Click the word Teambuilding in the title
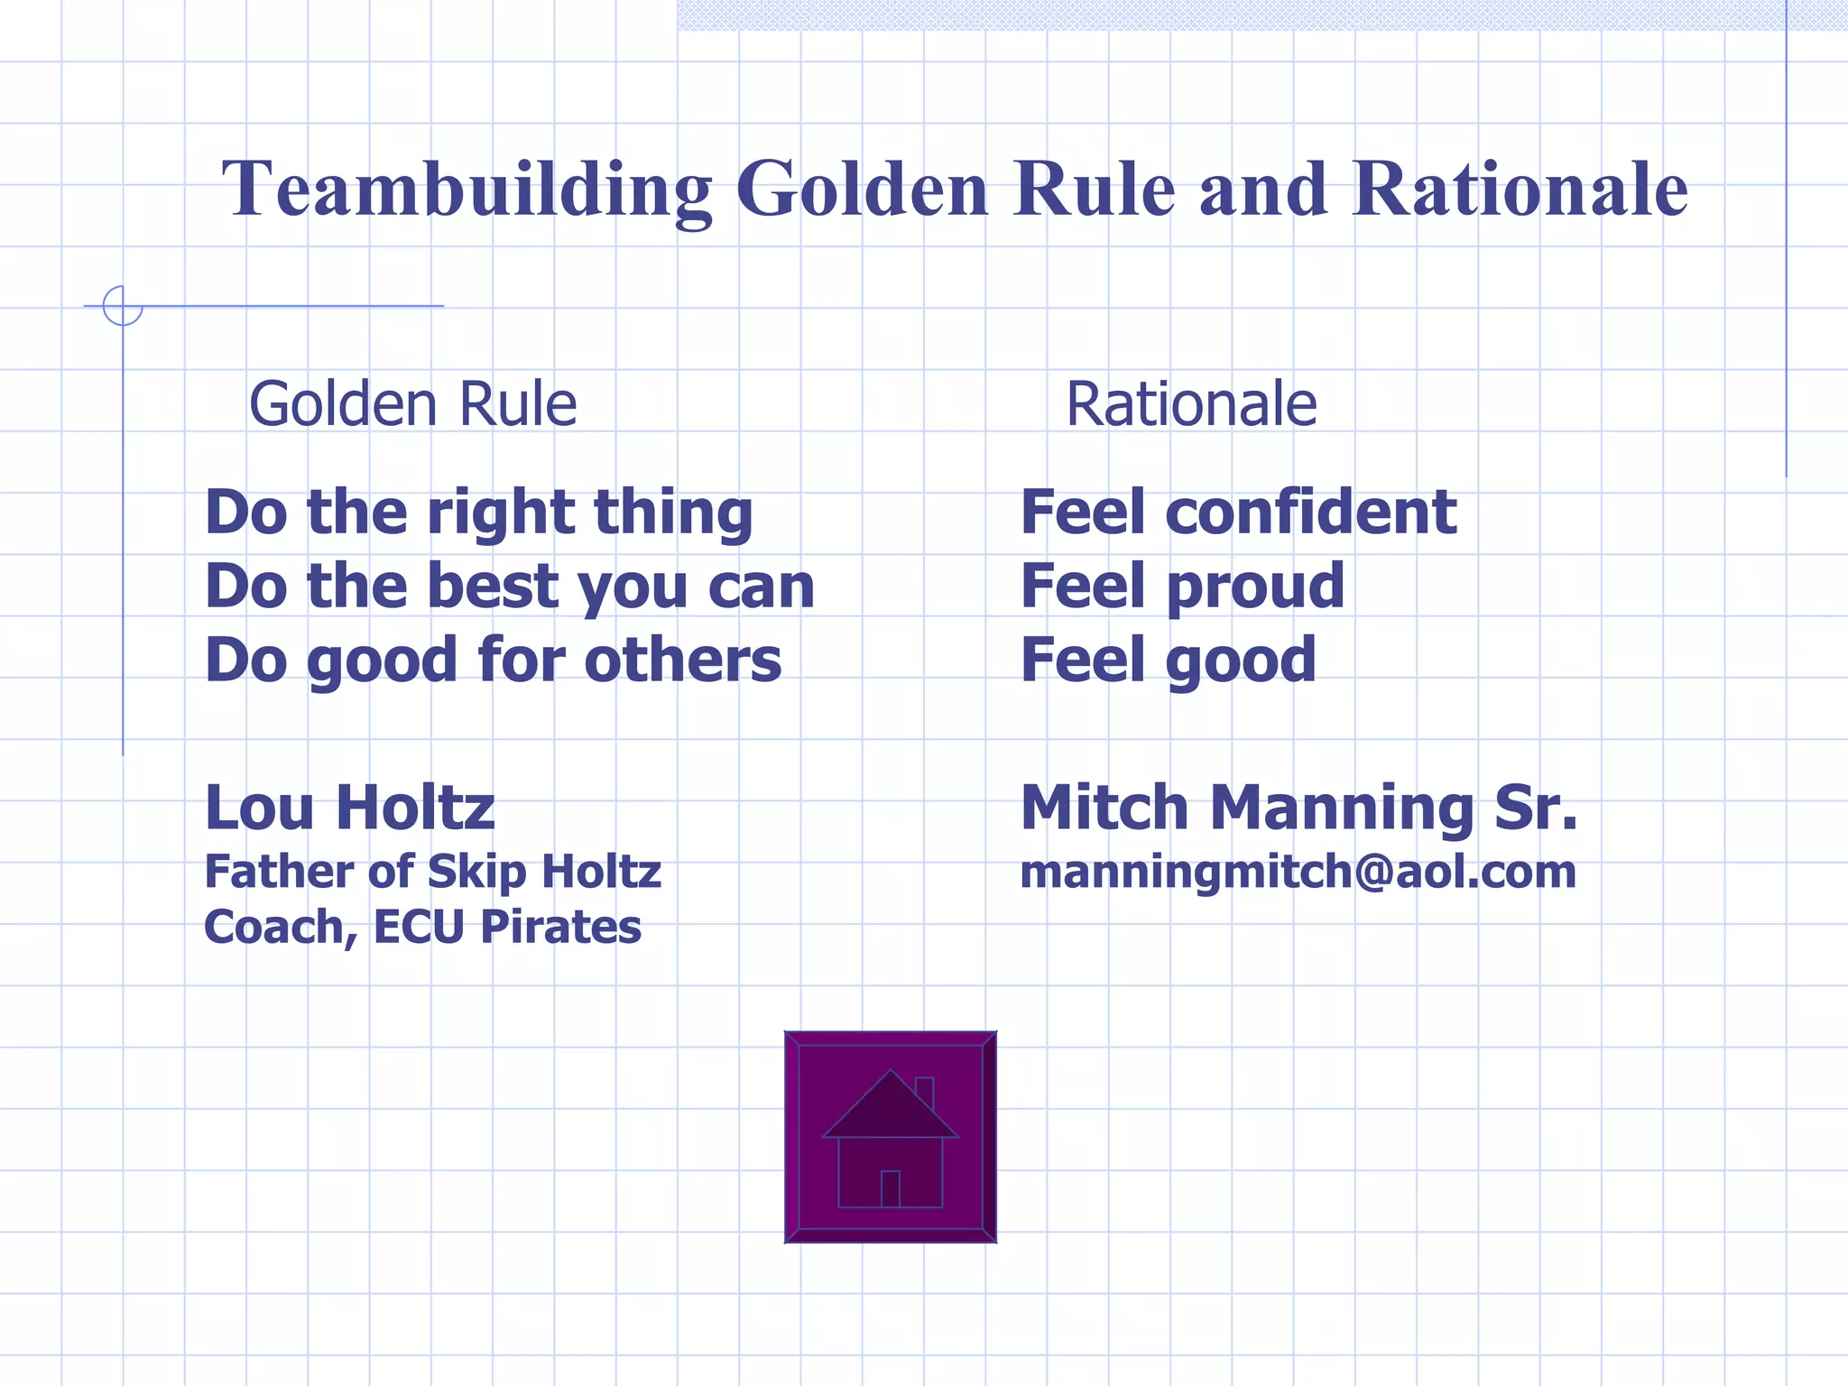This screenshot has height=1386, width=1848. click(x=467, y=189)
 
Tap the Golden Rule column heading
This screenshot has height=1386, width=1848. click(x=412, y=404)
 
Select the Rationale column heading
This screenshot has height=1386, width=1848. click(x=1191, y=404)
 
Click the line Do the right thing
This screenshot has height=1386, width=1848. click(x=478, y=513)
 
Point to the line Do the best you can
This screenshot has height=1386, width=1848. click(x=510, y=587)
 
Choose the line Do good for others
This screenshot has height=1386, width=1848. click(x=493, y=660)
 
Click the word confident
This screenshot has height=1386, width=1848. click(x=1311, y=513)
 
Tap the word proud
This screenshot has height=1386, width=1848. click(x=1255, y=587)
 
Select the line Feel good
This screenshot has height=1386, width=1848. click(x=1168, y=660)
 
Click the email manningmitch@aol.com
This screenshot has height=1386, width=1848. click(x=1298, y=872)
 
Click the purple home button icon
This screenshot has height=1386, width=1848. click(x=890, y=1137)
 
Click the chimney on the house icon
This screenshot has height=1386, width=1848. click(x=924, y=1090)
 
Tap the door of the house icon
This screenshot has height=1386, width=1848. click(x=891, y=1188)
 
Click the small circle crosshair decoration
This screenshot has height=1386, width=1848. click(x=123, y=306)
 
